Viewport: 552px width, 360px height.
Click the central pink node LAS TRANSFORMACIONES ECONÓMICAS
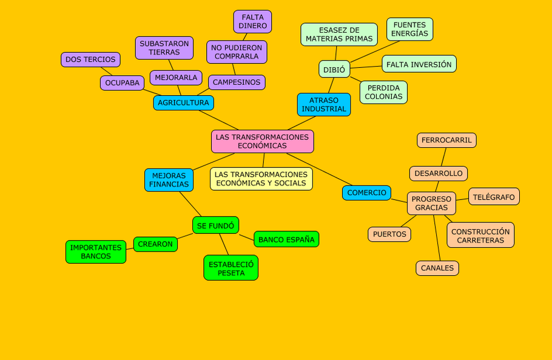pyautogui.click(x=262, y=141)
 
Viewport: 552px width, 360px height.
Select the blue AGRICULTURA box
pyautogui.click(x=183, y=103)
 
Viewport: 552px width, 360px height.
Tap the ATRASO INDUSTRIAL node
pyautogui.click(x=324, y=104)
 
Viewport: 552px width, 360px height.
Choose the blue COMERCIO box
pyautogui.click(x=366, y=193)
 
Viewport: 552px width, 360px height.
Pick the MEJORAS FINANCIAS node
pyautogui.click(x=169, y=180)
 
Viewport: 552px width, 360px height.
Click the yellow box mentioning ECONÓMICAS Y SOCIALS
pyautogui.click(x=261, y=179)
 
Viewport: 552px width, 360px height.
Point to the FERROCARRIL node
pyautogui.click(x=446, y=140)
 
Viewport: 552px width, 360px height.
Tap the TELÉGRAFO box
pyautogui.click(x=494, y=196)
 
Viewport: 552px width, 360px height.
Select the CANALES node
pyautogui.click(x=437, y=268)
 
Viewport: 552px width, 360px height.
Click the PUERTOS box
pyautogui.click(x=389, y=234)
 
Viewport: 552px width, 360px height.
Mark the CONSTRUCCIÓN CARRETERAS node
pyautogui.click(x=480, y=235)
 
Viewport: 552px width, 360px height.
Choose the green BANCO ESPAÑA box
pyautogui.click(x=286, y=239)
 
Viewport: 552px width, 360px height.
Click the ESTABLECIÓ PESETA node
pyautogui.click(x=231, y=268)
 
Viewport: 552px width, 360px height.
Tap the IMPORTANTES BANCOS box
pyautogui.click(x=96, y=252)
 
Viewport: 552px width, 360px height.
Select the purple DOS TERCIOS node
pyautogui.click(x=90, y=59)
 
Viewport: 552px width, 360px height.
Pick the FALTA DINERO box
pyautogui.click(x=252, y=21)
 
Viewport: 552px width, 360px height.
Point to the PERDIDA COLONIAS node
pyautogui.click(x=383, y=92)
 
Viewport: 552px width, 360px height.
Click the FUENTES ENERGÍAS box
pyautogui.click(x=409, y=29)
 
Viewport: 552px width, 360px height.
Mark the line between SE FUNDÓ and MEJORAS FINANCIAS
pyautogui.click(x=190, y=204)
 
